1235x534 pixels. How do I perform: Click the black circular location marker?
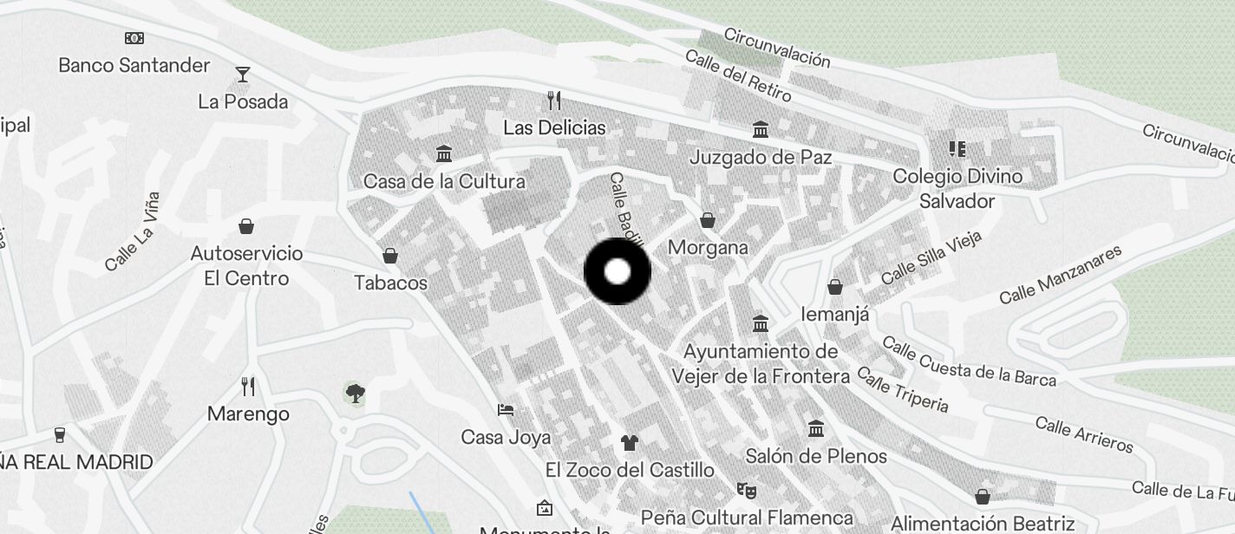617,271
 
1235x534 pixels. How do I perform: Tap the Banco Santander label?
134,65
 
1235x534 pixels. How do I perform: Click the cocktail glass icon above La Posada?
243,75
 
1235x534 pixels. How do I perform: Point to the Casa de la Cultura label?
444,182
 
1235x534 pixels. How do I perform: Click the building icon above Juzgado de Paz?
761,130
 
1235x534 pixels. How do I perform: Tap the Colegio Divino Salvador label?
957,188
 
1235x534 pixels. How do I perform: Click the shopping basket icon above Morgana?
708,220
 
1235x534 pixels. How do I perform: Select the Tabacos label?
391,283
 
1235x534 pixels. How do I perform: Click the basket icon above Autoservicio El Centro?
247,227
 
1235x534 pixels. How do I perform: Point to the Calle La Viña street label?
133,231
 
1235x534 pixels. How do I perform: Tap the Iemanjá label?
835,314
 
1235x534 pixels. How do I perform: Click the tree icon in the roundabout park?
354,394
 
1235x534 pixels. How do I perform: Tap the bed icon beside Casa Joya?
506,410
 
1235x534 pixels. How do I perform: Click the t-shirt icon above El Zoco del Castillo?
630,443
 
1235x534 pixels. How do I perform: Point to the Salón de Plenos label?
816,456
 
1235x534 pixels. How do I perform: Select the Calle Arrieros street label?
1084,434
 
